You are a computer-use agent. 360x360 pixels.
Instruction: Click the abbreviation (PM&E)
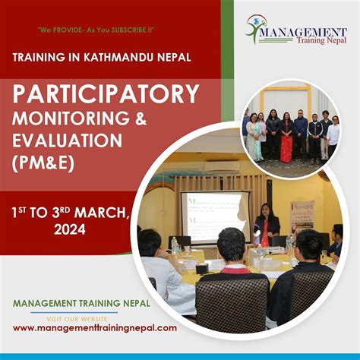click(x=44, y=162)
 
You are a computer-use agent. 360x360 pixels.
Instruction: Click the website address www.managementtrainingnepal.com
click(x=95, y=328)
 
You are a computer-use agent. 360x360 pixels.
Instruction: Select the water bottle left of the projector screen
click(x=175, y=245)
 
